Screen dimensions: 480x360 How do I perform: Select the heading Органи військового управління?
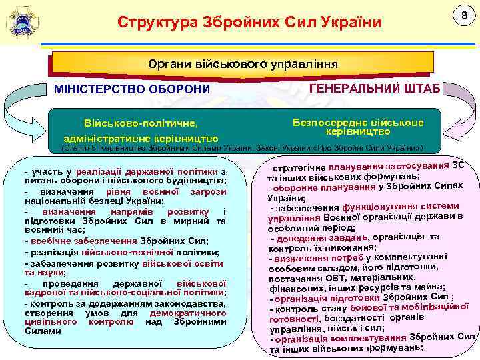tap(243, 64)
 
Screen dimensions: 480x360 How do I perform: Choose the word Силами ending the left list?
tap(43, 331)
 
